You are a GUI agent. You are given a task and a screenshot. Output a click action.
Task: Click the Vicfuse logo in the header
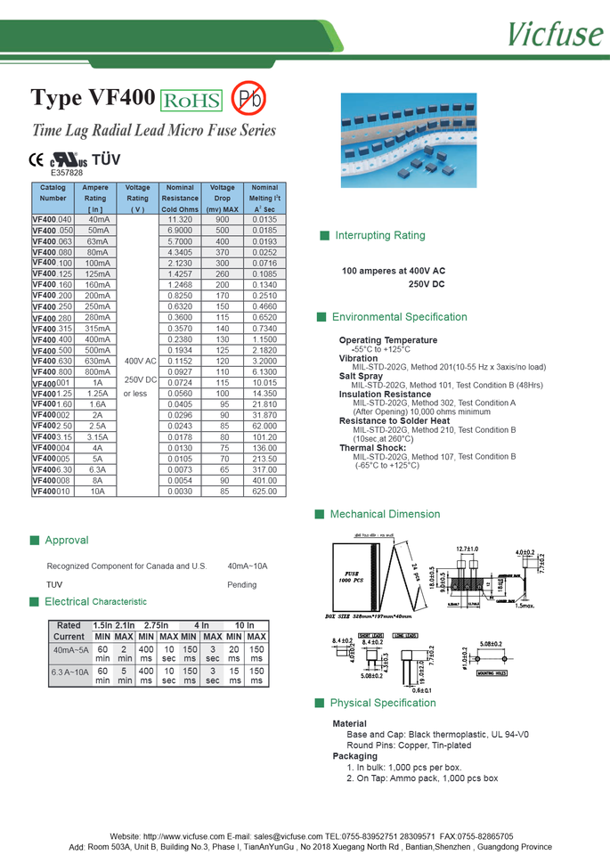click(x=556, y=34)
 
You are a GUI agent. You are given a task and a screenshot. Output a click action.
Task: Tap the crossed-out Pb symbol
click(x=248, y=100)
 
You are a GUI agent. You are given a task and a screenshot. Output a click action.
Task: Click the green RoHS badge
click(x=191, y=101)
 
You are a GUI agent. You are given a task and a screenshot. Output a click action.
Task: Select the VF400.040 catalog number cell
click(x=52, y=219)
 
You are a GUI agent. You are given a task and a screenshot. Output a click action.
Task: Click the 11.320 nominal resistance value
click(x=180, y=219)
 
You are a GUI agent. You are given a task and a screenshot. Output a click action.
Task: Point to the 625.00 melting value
click(x=264, y=491)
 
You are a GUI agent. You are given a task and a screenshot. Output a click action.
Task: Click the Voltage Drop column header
click(x=222, y=199)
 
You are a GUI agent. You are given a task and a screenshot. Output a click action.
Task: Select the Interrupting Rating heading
click(x=380, y=236)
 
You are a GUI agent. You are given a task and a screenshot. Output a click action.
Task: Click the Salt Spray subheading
click(x=361, y=376)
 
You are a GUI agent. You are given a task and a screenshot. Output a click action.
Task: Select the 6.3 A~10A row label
click(x=69, y=672)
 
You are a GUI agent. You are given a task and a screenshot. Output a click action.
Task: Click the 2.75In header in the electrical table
click(x=156, y=625)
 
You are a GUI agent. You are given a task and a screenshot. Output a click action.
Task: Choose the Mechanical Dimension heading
click(x=385, y=514)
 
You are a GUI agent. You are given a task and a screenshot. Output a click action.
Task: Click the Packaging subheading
click(x=354, y=756)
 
